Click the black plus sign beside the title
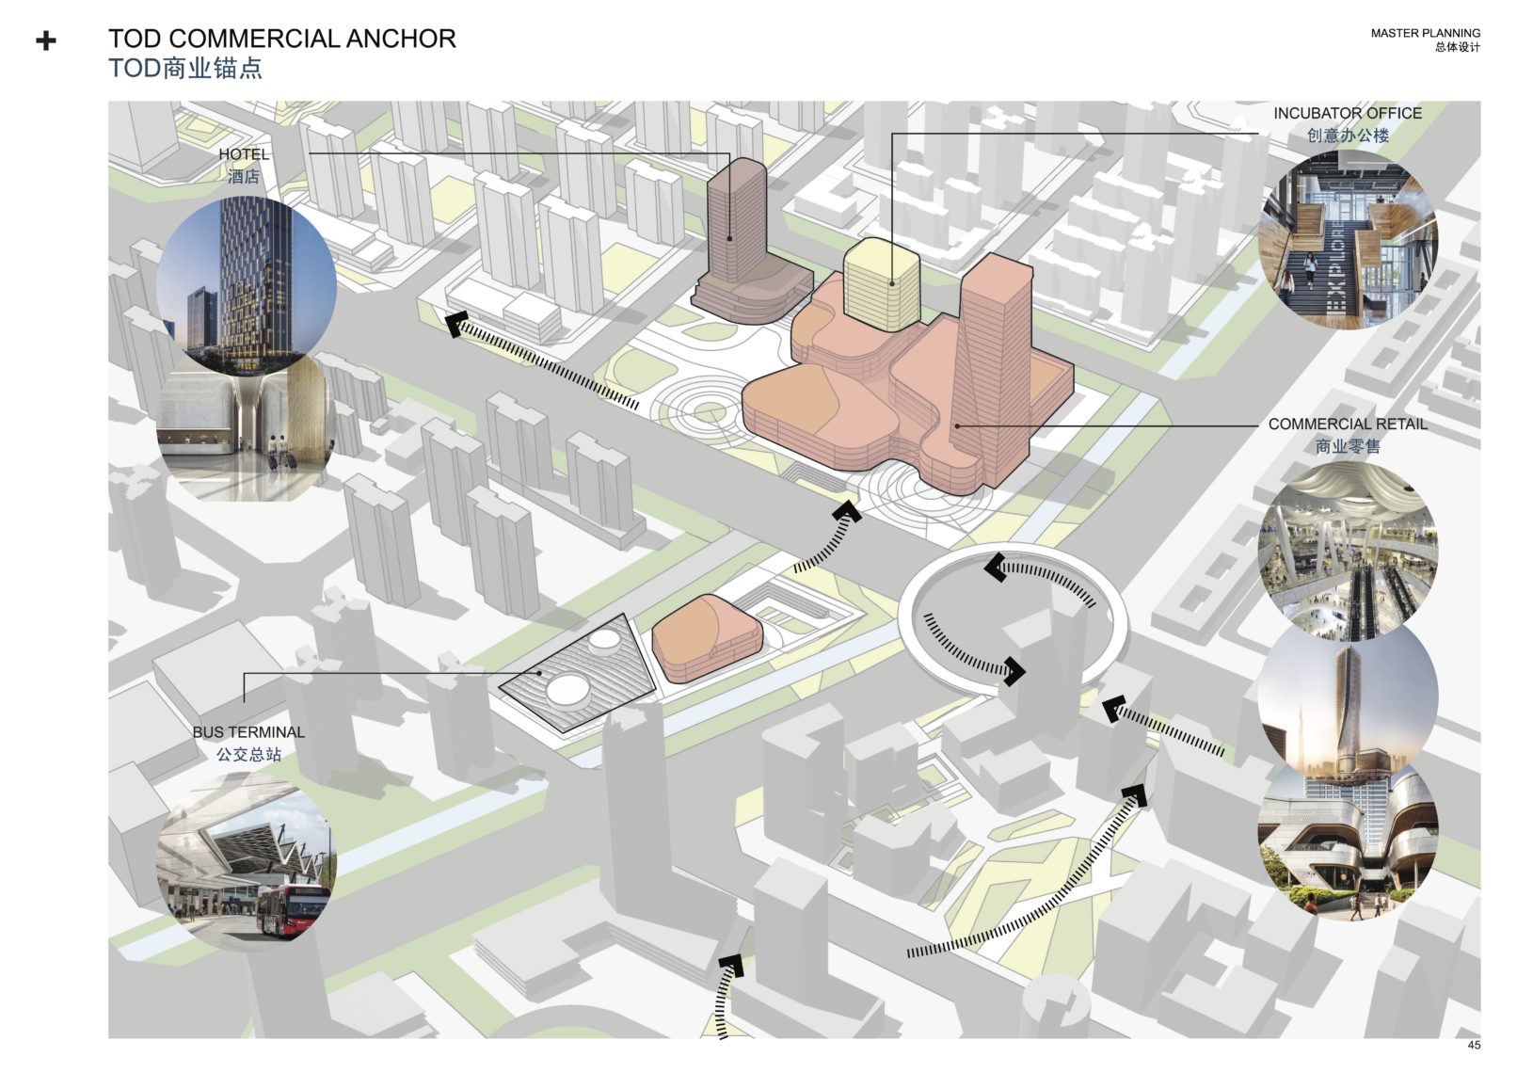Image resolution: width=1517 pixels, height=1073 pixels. coord(45,41)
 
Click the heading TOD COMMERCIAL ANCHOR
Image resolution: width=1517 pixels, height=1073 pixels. coord(281,39)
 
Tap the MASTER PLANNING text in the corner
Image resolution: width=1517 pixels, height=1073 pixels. coord(1424,33)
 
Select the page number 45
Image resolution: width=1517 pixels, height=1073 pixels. coord(1474,1045)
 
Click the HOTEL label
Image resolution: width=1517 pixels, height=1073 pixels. coord(244,154)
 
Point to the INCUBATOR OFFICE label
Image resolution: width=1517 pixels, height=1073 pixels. coord(1347,113)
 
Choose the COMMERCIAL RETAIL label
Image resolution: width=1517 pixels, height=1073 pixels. coord(1347,424)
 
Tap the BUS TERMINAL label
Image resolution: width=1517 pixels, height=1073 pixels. coord(248,732)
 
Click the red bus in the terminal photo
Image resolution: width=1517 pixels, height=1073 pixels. coord(292,911)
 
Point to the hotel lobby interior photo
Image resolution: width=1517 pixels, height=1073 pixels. coord(245,433)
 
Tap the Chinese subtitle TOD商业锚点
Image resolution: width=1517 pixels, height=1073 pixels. coord(185,69)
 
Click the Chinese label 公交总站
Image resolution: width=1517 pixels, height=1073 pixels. coord(248,755)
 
